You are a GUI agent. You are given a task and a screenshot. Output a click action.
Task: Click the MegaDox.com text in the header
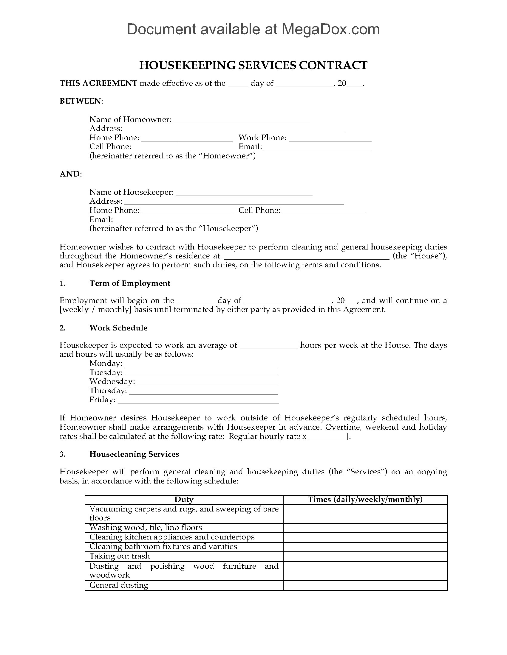coord(330,29)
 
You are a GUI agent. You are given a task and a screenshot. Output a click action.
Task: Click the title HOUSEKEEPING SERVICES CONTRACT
coord(253,65)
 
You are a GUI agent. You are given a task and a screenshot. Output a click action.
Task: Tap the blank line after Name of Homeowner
coord(242,120)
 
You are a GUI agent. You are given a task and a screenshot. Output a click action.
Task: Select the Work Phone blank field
coord(330,138)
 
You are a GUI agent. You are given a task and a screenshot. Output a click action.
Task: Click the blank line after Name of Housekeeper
coord(244,193)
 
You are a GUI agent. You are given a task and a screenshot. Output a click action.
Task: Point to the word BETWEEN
coord(81,101)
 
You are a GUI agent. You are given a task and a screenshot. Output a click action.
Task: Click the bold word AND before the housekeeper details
coord(70,174)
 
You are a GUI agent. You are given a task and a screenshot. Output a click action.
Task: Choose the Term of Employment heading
coord(130,283)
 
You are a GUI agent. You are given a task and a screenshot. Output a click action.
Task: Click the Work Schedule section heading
coord(118,328)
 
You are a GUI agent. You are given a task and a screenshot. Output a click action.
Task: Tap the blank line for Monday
coord(201,364)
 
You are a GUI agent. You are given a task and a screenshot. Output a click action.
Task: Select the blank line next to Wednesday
coord(207,382)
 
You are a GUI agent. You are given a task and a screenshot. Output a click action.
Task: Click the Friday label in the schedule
coord(102,400)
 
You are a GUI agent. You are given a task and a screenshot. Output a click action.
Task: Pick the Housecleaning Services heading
coord(134,454)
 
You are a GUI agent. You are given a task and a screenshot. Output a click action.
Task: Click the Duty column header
coord(184,499)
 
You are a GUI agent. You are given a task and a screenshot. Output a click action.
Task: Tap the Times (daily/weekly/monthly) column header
coord(365,499)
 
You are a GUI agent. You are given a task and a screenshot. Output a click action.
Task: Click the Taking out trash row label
coord(120,556)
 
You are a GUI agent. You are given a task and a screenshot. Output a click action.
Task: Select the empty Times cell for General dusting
coord(365,585)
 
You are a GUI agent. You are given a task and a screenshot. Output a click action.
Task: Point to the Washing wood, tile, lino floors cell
coord(146,528)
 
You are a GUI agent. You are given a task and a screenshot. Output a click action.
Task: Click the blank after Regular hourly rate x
coord(327,437)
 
